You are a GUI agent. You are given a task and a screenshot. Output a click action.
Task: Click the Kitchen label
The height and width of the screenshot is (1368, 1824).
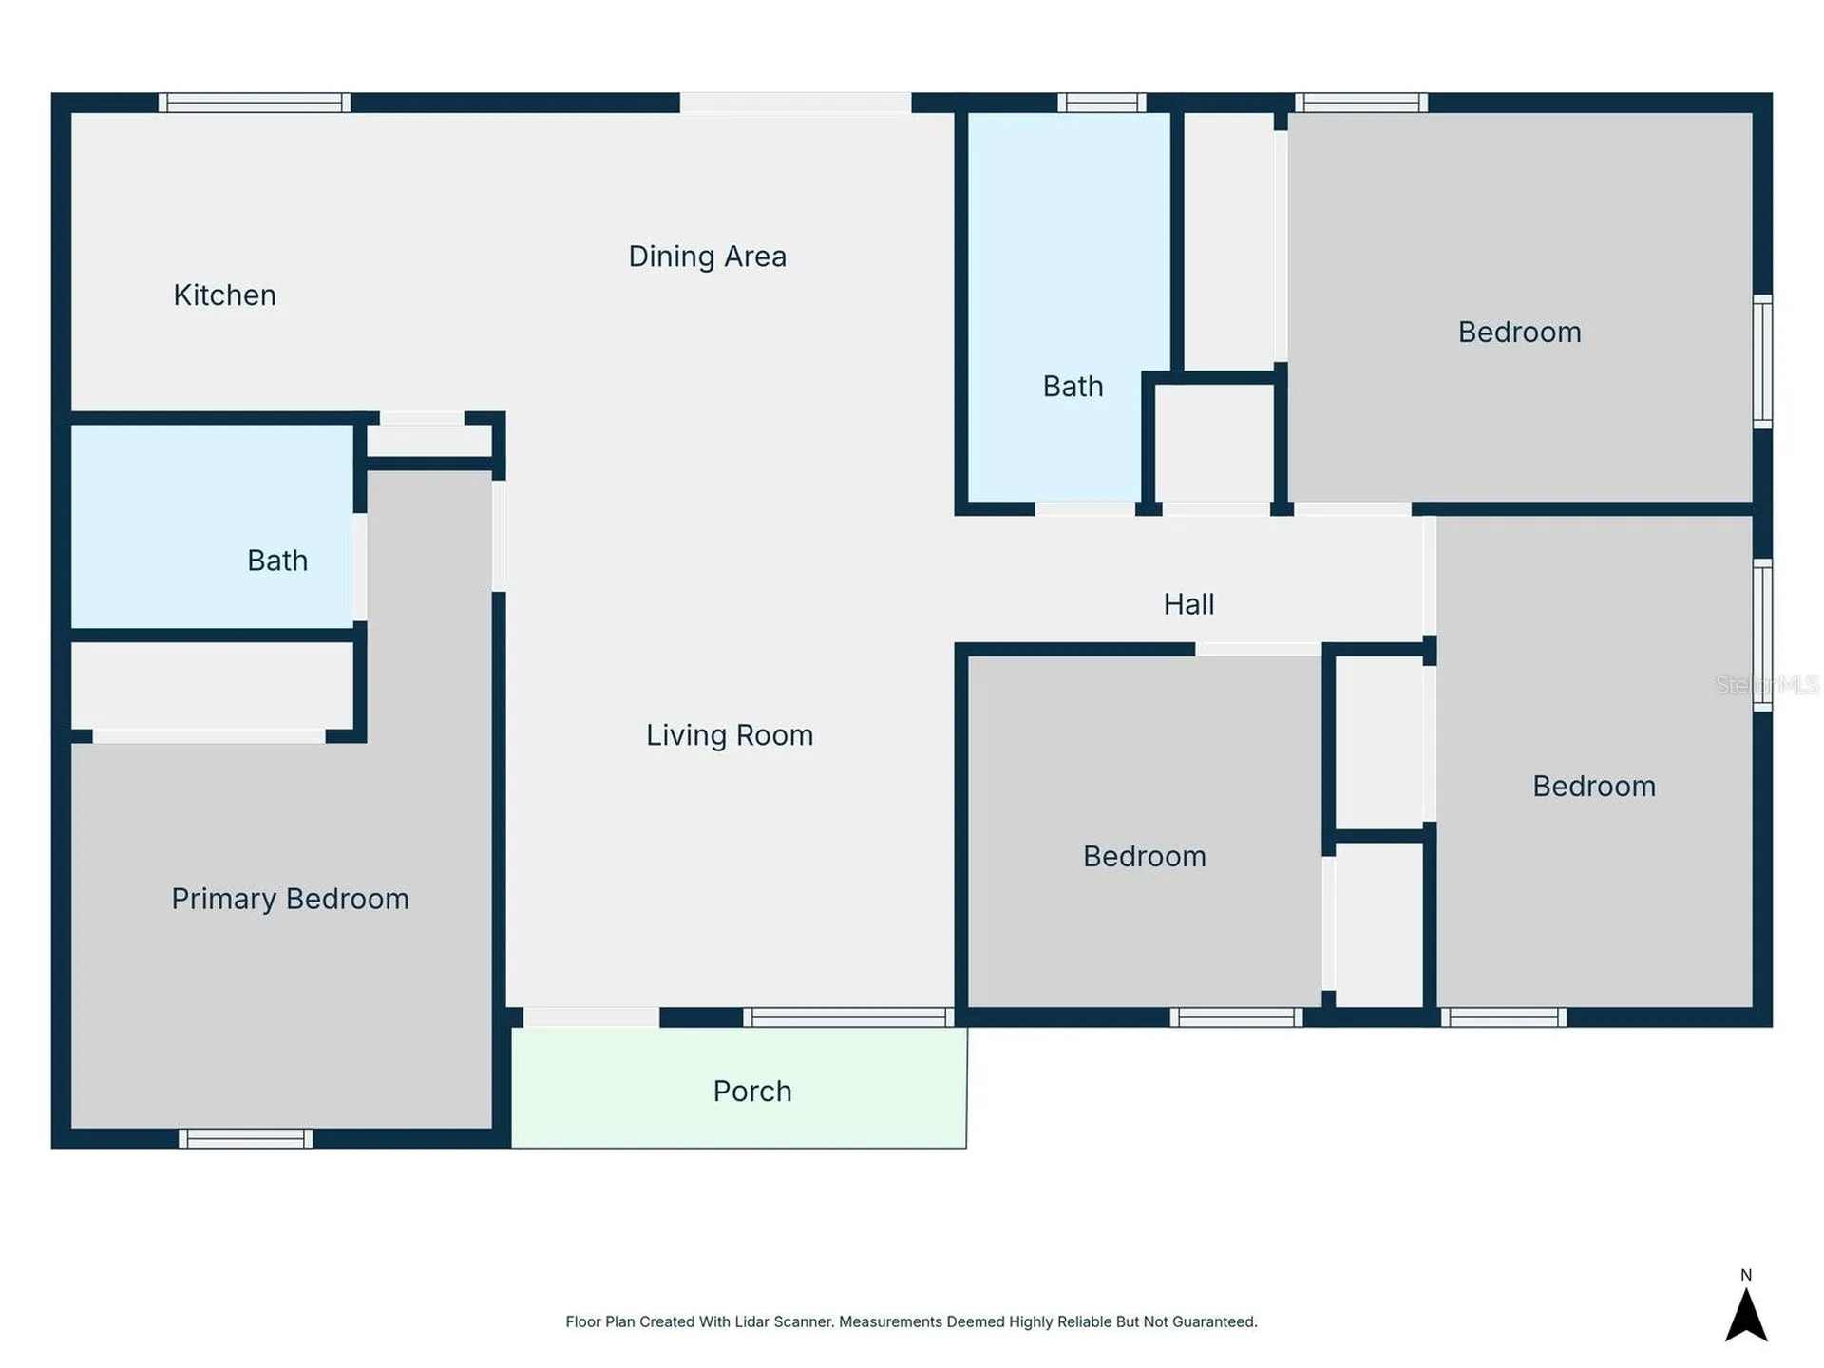tap(224, 295)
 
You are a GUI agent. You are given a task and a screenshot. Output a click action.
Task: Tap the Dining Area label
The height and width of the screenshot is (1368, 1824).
tap(708, 256)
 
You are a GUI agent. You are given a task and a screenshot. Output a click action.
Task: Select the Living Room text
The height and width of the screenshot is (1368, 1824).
tap(730, 735)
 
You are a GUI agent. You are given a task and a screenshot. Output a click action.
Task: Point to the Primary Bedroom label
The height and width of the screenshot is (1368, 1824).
tap(291, 899)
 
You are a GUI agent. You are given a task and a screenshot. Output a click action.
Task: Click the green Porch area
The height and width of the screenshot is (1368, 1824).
tap(739, 1088)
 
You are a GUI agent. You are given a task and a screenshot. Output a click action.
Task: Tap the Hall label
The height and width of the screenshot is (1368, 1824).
tap(1189, 604)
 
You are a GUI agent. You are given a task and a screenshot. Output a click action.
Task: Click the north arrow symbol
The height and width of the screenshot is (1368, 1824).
tap(1746, 1315)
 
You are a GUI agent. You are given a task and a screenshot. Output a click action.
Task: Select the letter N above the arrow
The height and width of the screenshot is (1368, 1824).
tap(1746, 1275)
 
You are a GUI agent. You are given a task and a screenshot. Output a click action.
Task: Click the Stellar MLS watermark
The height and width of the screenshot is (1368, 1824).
tap(1767, 685)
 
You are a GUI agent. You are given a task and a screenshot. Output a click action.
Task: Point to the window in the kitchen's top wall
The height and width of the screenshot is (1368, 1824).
tap(255, 103)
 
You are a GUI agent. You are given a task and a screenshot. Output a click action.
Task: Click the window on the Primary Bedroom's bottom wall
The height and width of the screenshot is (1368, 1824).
tap(246, 1138)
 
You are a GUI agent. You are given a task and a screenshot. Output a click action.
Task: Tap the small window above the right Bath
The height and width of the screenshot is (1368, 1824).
tap(1102, 103)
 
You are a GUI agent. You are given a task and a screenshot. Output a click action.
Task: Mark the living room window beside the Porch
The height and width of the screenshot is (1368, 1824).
tap(848, 1017)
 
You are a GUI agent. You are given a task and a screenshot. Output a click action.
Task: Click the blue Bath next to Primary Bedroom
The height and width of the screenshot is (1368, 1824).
tap(213, 526)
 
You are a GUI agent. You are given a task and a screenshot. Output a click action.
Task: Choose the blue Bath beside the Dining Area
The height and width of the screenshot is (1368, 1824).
tap(1069, 307)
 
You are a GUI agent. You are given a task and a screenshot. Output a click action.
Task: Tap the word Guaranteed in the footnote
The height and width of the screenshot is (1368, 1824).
tap(1214, 1321)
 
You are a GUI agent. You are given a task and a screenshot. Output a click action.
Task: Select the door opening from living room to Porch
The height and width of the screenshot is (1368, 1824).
tap(591, 1017)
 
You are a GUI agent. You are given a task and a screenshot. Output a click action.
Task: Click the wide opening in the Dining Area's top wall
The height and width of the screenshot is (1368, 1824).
tap(795, 103)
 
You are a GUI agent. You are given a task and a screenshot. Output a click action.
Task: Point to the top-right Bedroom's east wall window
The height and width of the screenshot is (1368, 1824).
tap(1762, 361)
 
